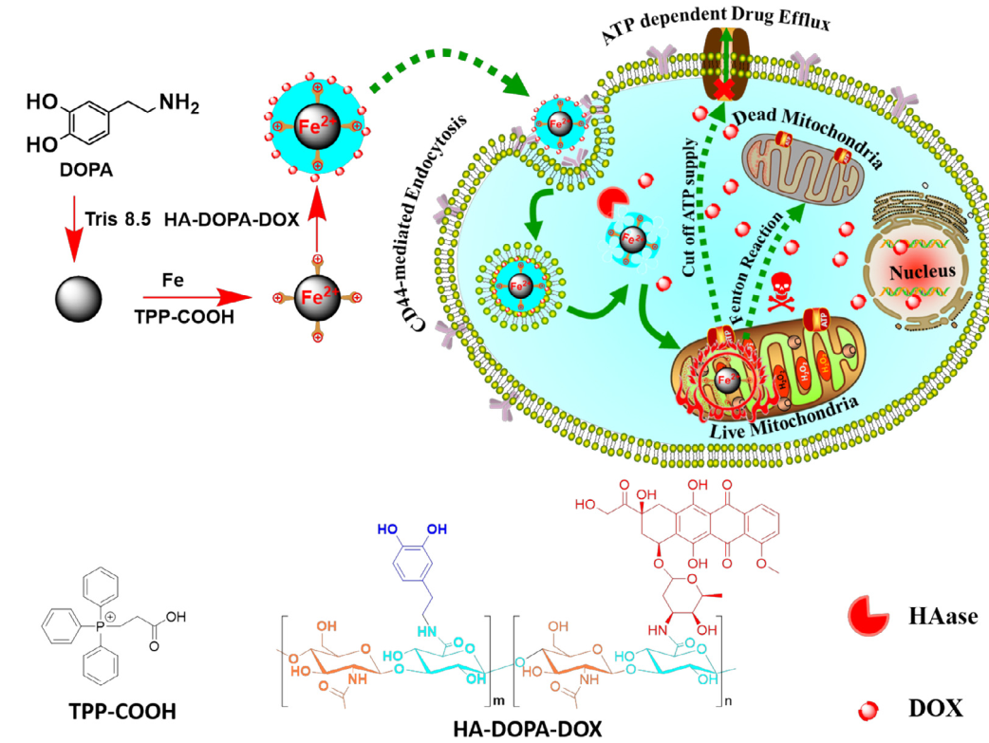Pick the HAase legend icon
868,618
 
